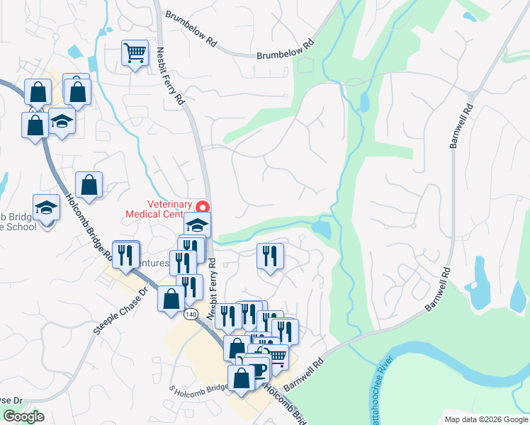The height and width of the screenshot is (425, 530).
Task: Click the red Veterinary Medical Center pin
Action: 203,208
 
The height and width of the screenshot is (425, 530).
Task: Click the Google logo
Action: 23,416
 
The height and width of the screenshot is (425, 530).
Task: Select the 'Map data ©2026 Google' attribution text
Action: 485,419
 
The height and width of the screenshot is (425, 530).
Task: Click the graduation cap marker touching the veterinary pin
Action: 198,226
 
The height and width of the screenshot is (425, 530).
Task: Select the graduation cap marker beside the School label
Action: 47,208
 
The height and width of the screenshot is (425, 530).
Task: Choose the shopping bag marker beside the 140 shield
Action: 171,299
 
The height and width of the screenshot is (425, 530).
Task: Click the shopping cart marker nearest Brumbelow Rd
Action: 135,52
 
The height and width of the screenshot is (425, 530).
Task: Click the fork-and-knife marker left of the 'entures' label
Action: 126,254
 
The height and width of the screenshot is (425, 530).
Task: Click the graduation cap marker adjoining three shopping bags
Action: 62,121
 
